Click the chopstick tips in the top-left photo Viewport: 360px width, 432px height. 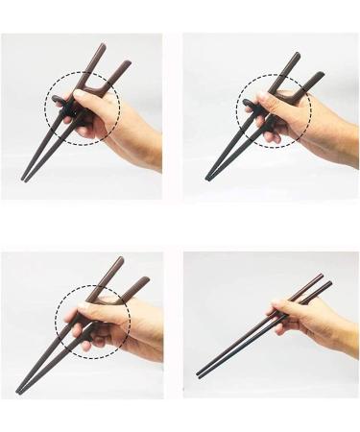tap(24, 178)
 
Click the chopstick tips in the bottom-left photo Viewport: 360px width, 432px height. tap(20, 390)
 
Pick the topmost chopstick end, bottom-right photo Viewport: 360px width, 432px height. tap(321, 276)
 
